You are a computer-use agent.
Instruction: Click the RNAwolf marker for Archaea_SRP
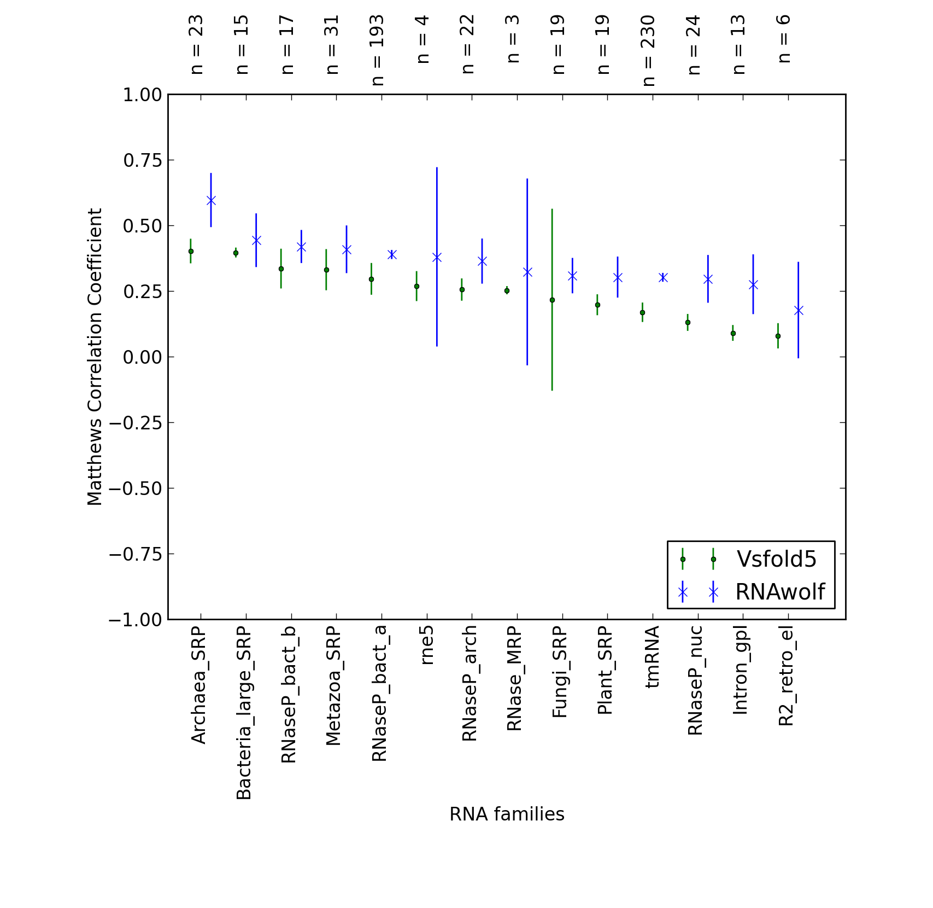click(211, 201)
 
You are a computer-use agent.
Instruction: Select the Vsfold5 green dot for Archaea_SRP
click(191, 252)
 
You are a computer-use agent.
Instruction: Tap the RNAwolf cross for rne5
click(437, 257)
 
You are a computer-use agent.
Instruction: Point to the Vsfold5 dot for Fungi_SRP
click(552, 300)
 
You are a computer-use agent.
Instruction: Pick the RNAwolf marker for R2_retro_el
click(799, 311)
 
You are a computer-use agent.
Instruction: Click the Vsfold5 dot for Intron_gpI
click(733, 333)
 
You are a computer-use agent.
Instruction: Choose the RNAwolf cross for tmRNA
click(663, 277)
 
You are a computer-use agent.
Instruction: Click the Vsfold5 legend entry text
click(777, 559)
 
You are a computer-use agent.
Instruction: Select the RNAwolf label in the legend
click(780, 592)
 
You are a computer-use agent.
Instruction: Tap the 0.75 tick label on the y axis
click(142, 160)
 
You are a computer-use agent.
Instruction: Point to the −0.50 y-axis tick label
click(136, 488)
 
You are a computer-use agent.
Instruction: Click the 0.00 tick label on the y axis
click(142, 357)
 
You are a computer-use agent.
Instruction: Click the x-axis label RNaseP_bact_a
click(379, 694)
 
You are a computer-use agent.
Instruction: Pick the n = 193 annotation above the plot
click(378, 50)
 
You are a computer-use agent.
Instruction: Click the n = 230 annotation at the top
click(648, 50)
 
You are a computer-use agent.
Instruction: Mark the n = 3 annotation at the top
click(513, 39)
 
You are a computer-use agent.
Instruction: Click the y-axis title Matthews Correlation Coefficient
click(95, 357)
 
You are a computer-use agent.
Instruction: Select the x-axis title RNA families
click(507, 814)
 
